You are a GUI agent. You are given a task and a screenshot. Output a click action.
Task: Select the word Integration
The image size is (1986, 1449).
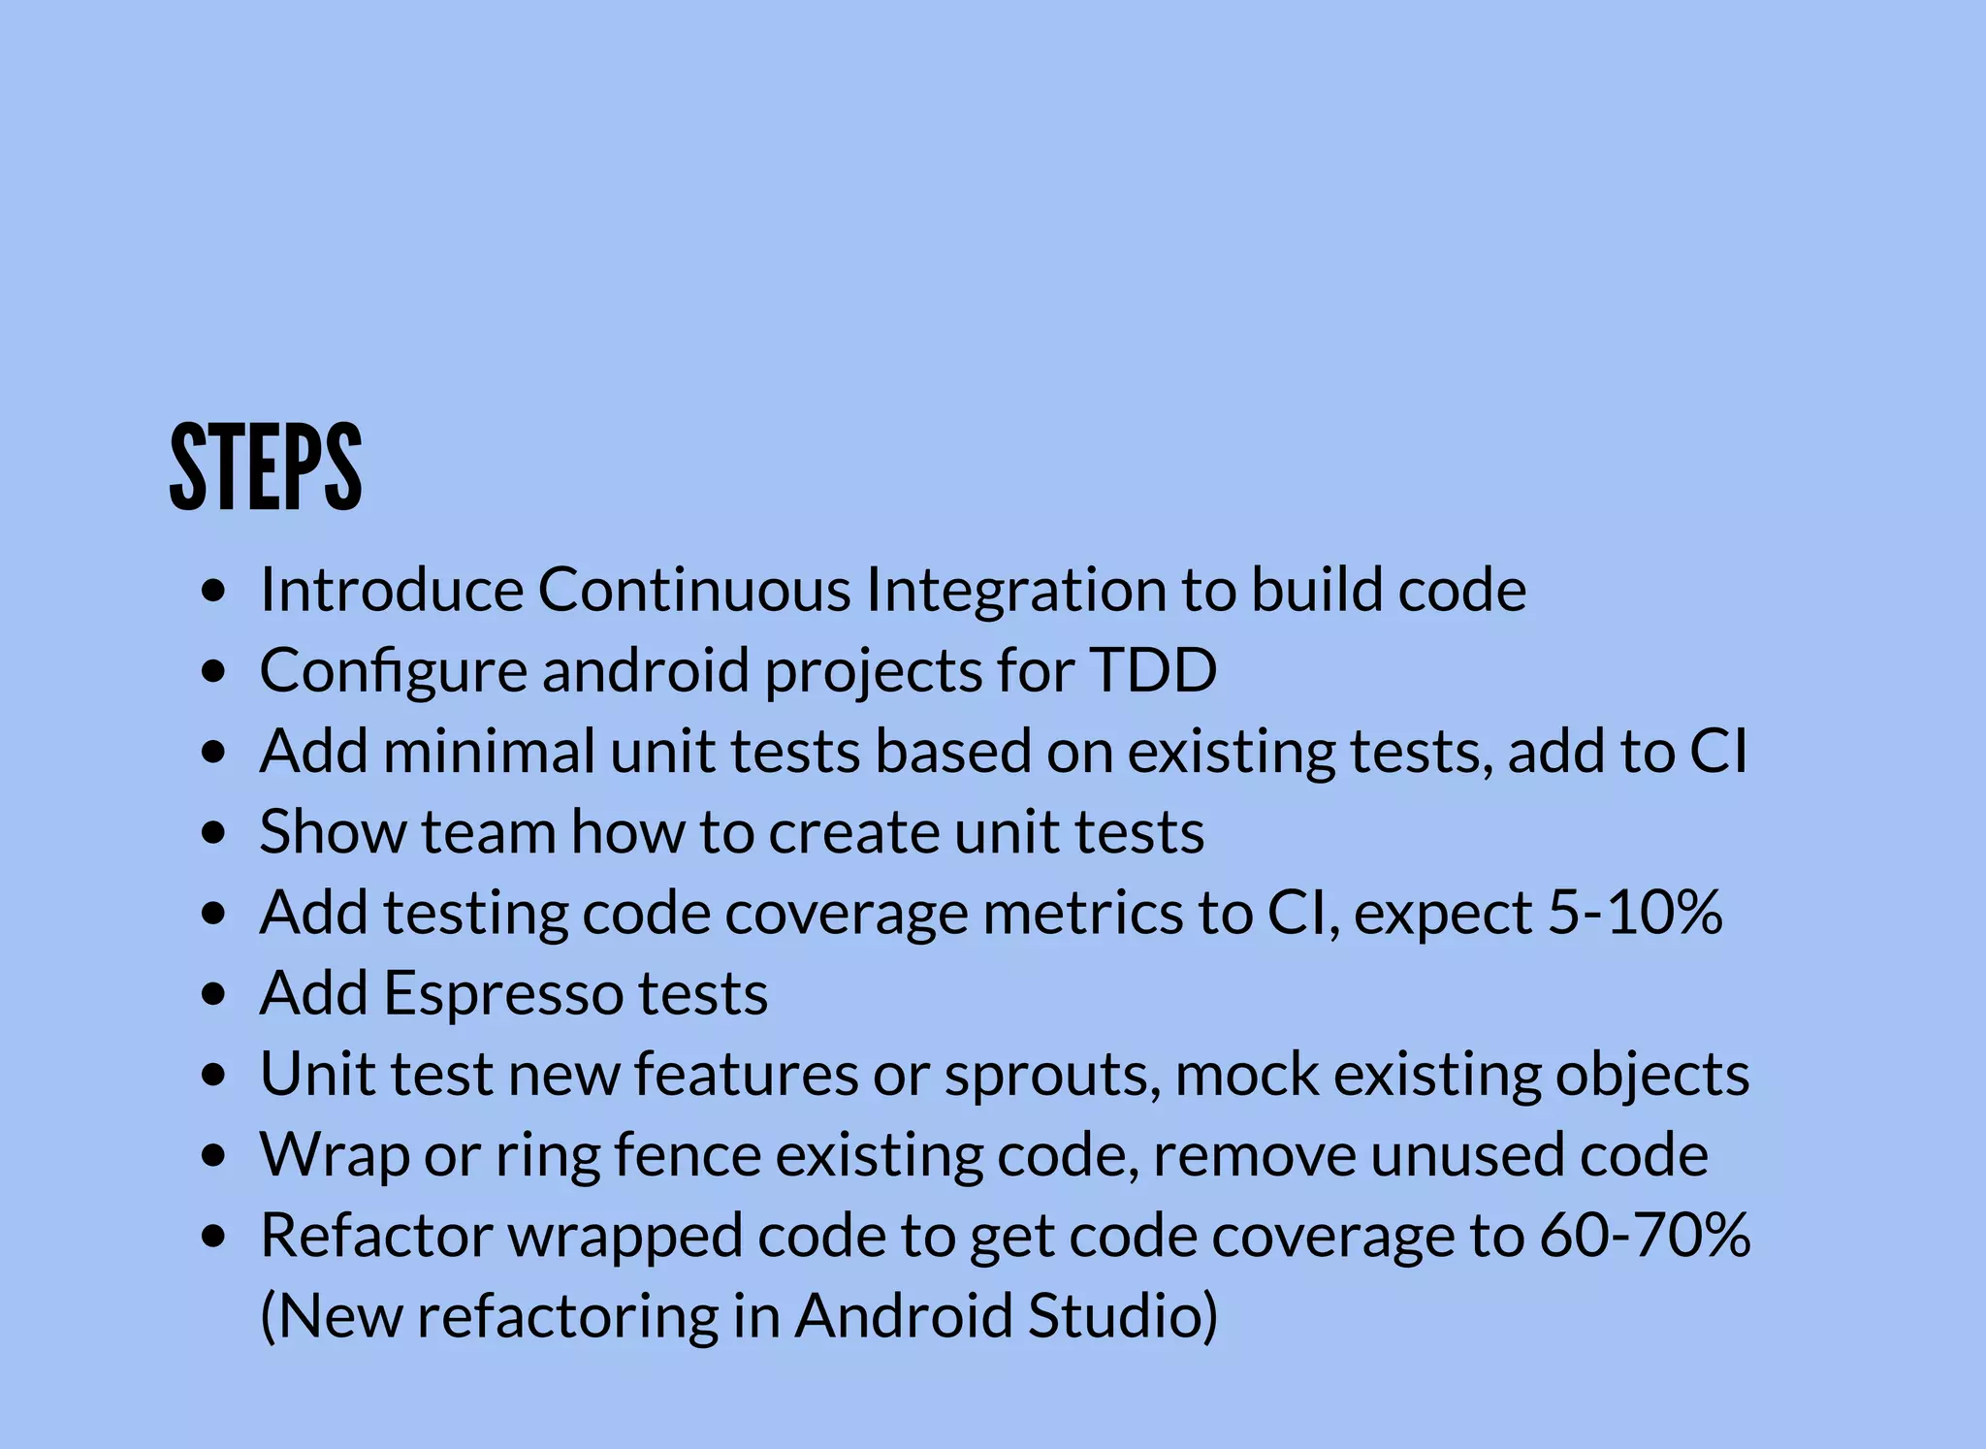pos(1015,591)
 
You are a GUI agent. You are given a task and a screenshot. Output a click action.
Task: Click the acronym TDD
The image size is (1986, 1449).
pos(1153,669)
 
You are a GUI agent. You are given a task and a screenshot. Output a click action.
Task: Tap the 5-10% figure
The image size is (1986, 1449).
pos(1635,912)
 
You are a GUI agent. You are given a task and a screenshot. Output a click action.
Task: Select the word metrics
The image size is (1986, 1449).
pos(1082,912)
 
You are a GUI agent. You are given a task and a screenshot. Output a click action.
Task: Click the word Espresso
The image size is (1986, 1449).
pos(503,993)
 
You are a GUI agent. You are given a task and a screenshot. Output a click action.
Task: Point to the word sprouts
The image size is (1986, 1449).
pos(1052,1075)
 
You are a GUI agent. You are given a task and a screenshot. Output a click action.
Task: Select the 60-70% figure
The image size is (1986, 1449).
pos(1645,1235)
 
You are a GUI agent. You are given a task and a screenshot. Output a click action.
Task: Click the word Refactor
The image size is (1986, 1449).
pos(377,1235)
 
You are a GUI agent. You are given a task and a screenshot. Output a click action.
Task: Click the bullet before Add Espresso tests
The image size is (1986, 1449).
pos(214,995)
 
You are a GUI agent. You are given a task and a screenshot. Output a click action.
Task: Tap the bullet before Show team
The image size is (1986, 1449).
pos(214,833)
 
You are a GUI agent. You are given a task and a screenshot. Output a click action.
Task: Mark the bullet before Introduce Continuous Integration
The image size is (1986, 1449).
pos(214,591)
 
